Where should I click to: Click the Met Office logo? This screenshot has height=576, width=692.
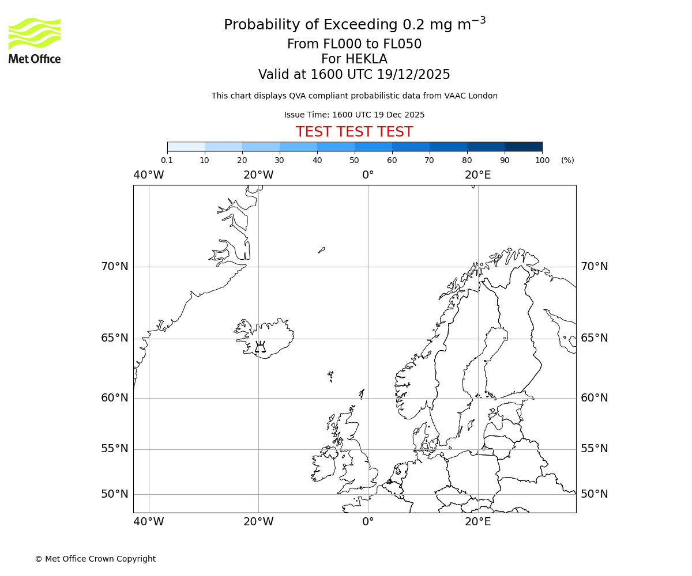pos(35,40)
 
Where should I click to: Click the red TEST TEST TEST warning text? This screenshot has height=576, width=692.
pos(354,132)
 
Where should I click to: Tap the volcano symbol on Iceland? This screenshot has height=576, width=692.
pos(260,347)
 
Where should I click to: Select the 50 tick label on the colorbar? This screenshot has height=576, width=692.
pos(354,160)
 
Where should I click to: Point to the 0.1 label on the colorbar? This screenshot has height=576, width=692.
pos(167,160)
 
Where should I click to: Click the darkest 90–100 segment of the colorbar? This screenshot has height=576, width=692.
pos(523,146)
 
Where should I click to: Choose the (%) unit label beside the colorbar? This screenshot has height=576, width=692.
pos(567,160)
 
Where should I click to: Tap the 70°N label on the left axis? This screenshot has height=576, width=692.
pos(115,267)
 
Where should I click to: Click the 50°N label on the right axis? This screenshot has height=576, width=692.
pos(594,494)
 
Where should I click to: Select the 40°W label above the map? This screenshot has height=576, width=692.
pos(148,175)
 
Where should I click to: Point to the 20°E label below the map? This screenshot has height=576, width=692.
pos(477,522)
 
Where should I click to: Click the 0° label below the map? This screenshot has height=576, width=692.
pos(368,522)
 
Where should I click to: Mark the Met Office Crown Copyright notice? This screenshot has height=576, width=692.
pos(95,559)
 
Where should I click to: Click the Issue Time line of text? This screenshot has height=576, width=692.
pos(354,115)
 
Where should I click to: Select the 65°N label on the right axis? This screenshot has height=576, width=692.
pos(594,338)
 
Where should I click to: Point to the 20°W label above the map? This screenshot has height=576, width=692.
pos(258,175)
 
